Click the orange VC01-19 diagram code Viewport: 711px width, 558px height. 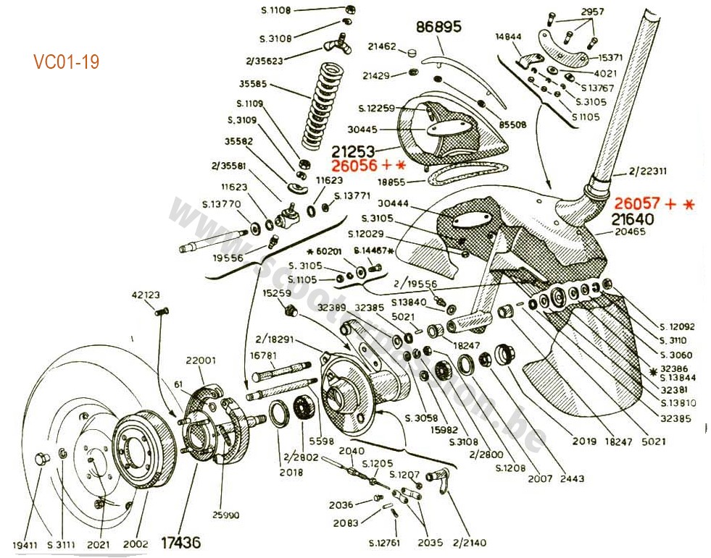(66, 62)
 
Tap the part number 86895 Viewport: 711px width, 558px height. (438, 28)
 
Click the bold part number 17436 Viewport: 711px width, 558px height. (180, 541)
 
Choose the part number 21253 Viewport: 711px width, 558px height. (354, 151)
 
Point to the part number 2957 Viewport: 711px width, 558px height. (593, 13)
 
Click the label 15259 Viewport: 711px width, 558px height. (277, 293)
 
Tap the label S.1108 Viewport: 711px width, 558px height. (275, 11)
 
